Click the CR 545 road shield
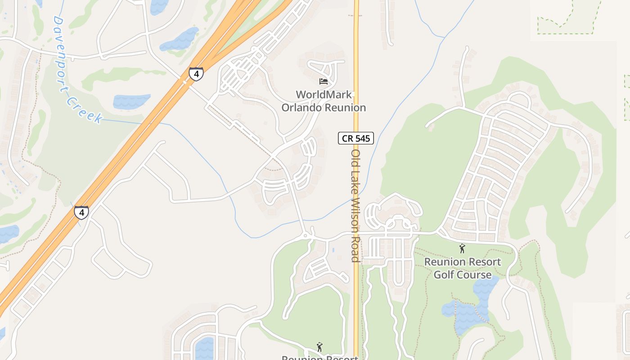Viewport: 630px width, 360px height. pyautogui.click(x=356, y=138)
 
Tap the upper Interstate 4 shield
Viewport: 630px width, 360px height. pyautogui.click(x=196, y=73)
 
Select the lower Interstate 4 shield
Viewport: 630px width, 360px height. pyautogui.click(x=81, y=212)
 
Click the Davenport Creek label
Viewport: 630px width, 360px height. pyautogui.click(x=76, y=71)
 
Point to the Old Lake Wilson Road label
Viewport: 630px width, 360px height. pyautogui.click(x=355, y=205)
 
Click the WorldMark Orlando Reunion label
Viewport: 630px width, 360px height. pyautogui.click(x=324, y=101)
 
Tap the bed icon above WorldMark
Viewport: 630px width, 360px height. pyautogui.click(x=323, y=81)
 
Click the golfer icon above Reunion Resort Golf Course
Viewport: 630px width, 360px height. pyautogui.click(x=462, y=248)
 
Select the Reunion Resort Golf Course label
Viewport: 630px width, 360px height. pyautogui.click(x=463, y=268)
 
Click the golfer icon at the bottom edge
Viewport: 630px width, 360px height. pyautogui.click(x=319, y=347)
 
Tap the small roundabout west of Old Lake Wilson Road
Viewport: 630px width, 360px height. pyautogui.click(x=305, y=235)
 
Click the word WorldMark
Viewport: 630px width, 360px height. pyautogui.click(x=324, y=94)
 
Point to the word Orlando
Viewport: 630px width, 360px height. pyautogui.click(x=302, y=108)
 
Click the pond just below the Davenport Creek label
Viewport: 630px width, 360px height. pyautogui.click(x=131, y=102)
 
